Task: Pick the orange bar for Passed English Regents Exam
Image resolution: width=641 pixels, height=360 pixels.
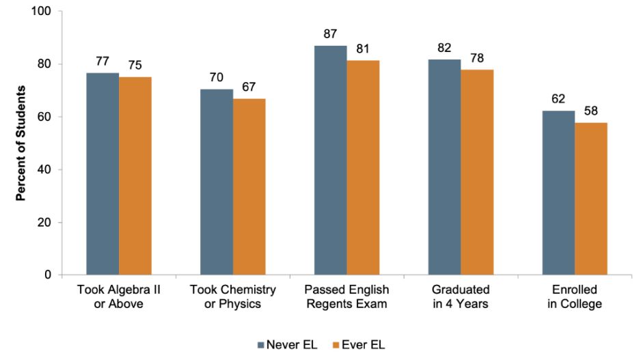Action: point(363,167)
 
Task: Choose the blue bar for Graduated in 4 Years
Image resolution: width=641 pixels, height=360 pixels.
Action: point(444,167)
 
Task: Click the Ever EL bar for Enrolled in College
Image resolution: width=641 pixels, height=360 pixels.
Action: point(590,198)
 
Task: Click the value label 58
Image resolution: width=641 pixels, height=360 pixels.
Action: point(590,111)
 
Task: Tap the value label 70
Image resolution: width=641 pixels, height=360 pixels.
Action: point(217,77)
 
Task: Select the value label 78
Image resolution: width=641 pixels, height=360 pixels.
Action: point(477,58)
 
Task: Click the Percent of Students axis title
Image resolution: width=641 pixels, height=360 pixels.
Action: point(21,143)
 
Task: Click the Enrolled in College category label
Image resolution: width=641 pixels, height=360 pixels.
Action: point(575,296)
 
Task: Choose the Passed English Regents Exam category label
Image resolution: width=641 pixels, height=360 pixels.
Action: point(346,296)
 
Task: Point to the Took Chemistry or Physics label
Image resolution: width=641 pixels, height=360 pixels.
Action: point(232,296)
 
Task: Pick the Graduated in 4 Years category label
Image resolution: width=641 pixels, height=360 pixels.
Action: point(461,296)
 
